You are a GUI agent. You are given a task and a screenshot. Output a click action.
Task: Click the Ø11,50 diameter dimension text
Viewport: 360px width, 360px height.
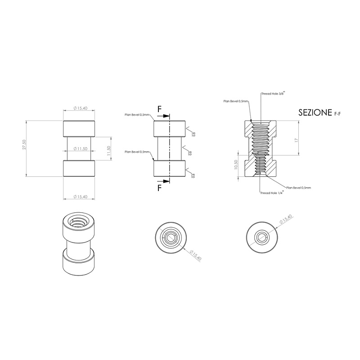coord(79,149)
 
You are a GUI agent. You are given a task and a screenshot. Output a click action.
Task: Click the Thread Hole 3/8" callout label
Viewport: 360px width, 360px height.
coord(273,93)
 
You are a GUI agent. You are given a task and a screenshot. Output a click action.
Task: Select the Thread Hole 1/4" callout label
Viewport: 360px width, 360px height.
coord(272,193)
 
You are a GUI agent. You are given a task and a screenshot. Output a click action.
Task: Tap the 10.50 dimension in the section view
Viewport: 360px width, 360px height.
coord(236,165)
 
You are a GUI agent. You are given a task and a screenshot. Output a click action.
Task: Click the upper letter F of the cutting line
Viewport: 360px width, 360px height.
coord(159,109)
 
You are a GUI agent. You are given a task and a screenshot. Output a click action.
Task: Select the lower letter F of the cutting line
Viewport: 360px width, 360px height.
coord(159,189)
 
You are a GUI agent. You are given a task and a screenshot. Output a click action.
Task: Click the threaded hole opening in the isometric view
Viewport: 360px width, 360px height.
coord(79,222)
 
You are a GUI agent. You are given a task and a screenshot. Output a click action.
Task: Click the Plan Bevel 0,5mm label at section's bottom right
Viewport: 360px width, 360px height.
coord(299,187)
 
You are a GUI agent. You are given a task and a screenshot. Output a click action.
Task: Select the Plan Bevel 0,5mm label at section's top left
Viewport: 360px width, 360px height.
coord(236,102)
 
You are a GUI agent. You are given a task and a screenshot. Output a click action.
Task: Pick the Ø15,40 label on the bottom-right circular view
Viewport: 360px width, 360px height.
coord(286,220)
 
